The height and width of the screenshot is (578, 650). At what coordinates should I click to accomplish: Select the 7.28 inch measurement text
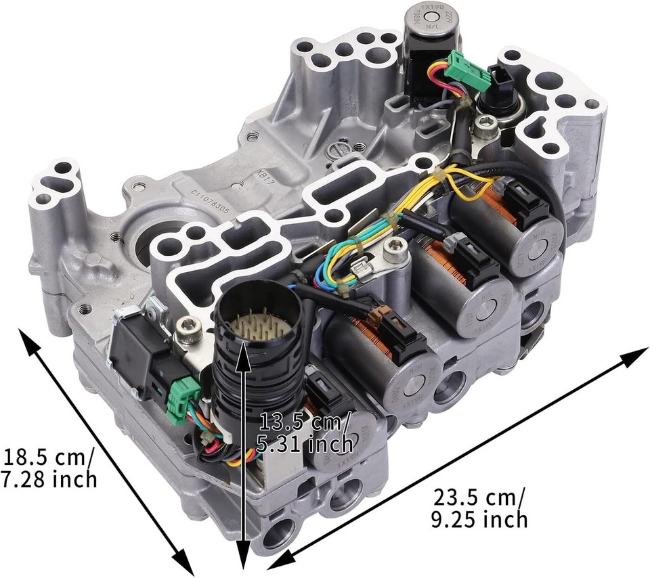point(47,480)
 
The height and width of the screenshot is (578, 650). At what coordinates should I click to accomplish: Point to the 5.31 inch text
point(304,444)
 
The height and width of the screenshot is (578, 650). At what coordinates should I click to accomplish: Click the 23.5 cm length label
point(478,497)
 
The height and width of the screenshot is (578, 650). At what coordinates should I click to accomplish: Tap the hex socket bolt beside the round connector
point(185,330)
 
